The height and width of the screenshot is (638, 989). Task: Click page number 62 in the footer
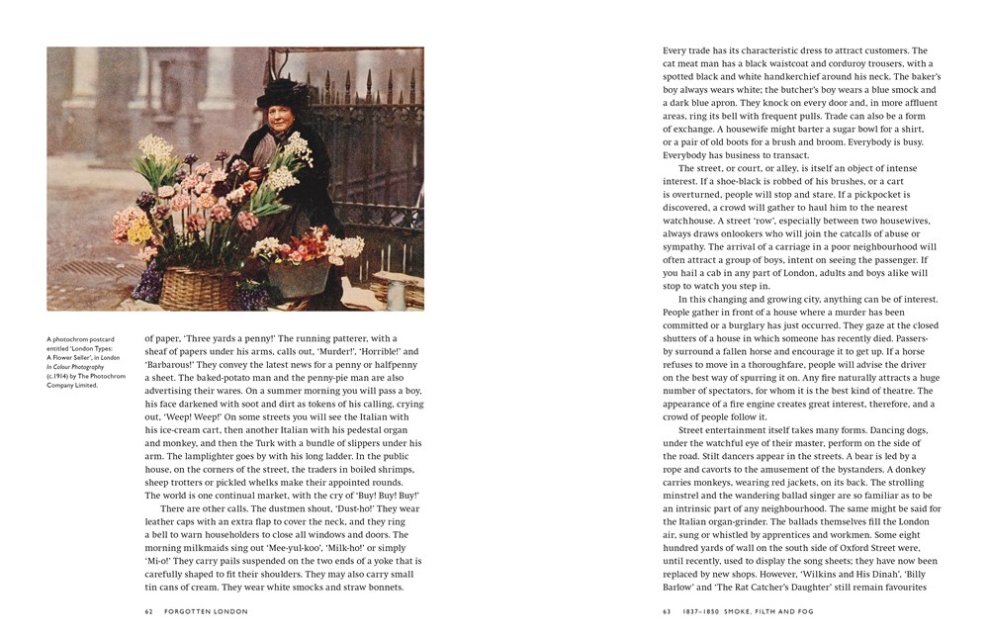pyautogui.click(x=149, y=610)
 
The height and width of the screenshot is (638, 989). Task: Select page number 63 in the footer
pyautogui.click(x=667, y=610)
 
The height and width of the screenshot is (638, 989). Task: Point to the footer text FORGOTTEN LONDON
pyautogui.click(x=196, y=610)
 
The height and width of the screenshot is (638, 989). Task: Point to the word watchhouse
pyautogui.click(x=692, y=221)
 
